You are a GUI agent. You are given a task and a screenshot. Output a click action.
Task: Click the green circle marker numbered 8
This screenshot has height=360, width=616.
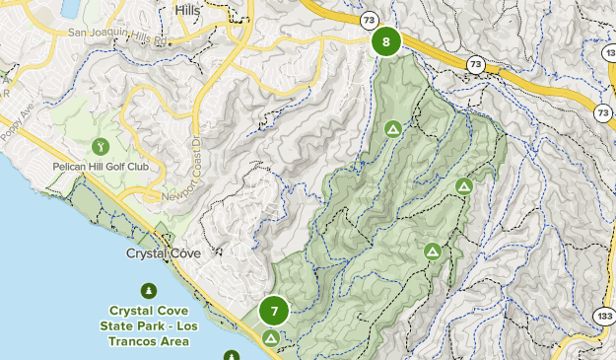[x=386, y=42]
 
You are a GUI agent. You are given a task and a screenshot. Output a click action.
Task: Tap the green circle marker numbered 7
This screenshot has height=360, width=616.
[x=274, y=312]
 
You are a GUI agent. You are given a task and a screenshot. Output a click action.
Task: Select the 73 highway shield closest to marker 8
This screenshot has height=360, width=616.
[x=368, y=19]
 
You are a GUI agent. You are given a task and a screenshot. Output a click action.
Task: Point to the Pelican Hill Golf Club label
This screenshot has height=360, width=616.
[x=101, y=167]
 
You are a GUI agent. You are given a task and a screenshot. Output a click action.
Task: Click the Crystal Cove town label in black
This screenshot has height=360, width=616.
[x=164, y=253]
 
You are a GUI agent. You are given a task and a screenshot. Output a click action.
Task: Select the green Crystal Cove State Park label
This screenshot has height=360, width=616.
[x=149, y=324]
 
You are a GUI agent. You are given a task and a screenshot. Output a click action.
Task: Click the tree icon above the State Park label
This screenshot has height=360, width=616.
[x=149, y=290]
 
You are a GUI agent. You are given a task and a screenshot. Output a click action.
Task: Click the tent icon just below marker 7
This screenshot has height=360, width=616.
[x=270, y=337]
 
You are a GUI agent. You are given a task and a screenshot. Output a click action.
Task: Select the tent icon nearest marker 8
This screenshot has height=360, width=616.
[x=392, y=128]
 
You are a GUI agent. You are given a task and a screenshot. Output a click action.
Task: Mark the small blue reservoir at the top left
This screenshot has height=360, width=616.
[x=72, y=9]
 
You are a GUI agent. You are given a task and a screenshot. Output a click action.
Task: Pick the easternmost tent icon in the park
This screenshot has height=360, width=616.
[x=464, y=185]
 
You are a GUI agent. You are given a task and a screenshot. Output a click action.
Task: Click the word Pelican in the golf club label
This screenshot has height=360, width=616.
[x=72, y=167]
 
